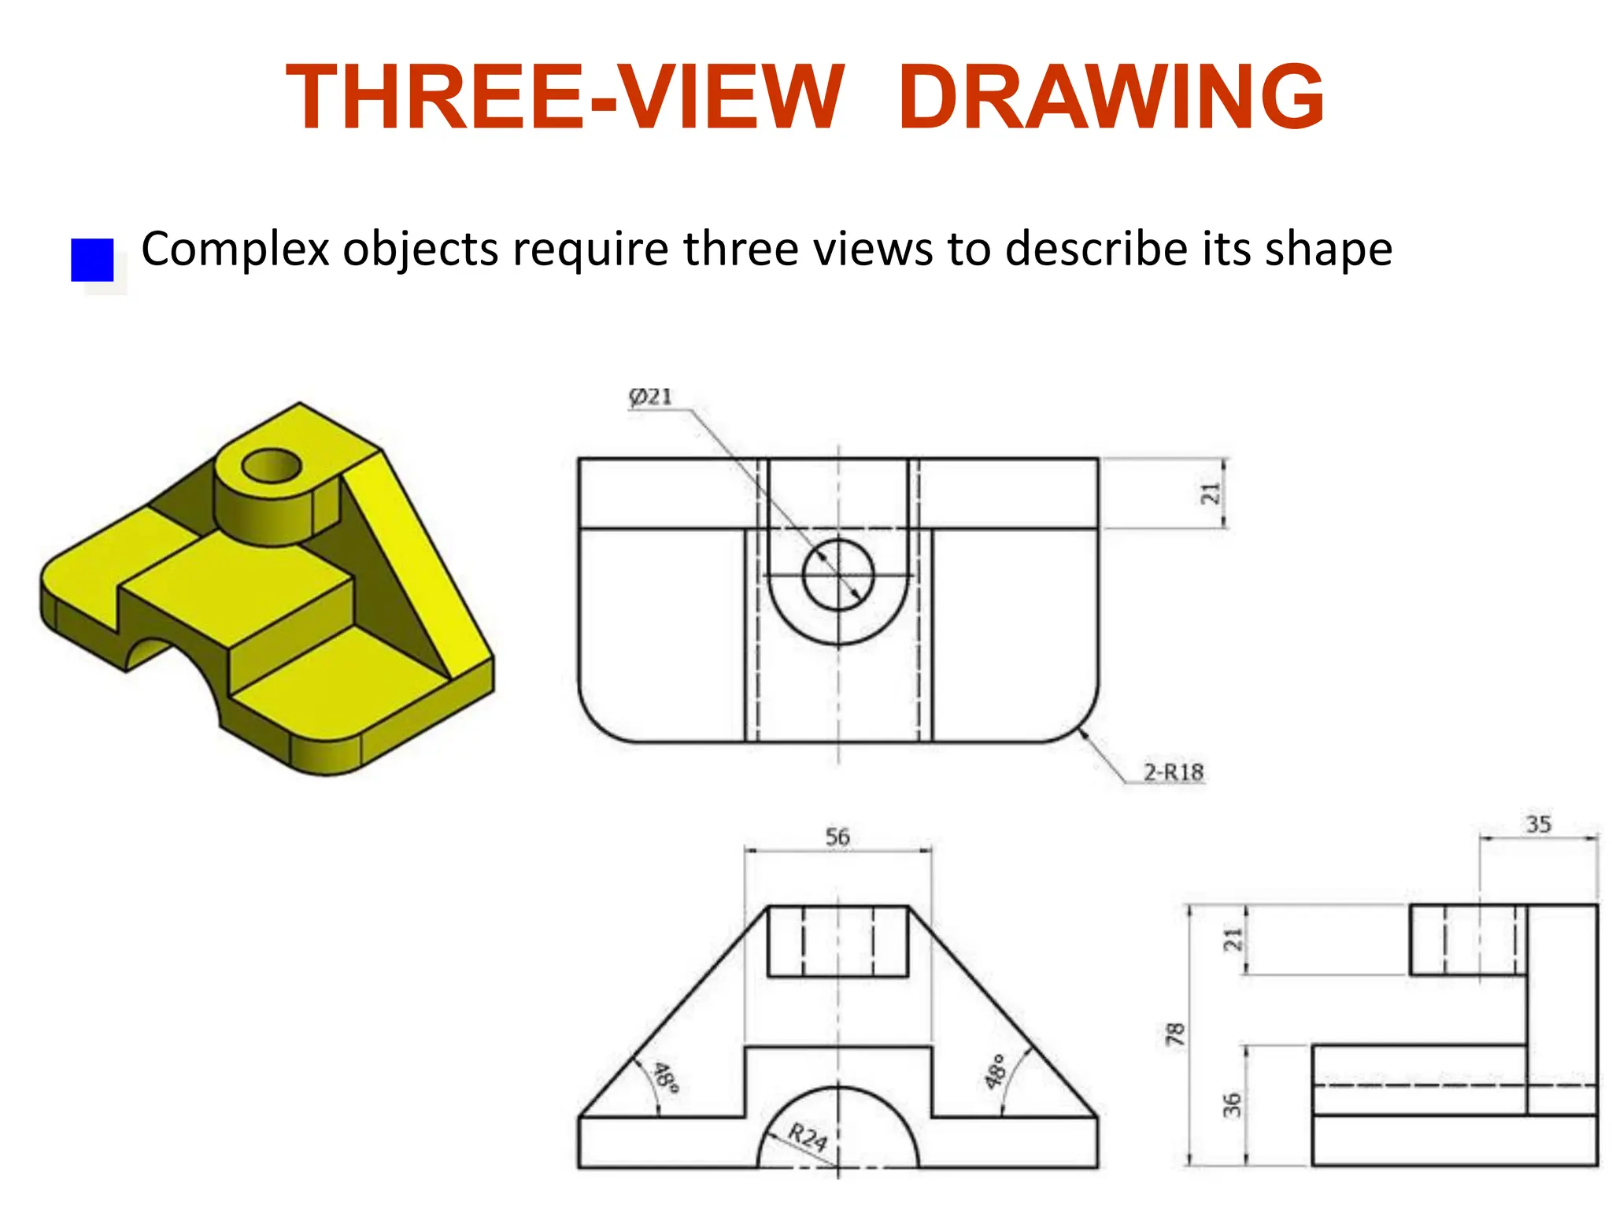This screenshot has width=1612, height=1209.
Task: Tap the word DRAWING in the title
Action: click(x=1111, y=98)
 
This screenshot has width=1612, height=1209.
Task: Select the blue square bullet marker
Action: click(x=92, y=260)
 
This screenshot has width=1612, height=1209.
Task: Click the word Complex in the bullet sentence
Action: click(x=235, y=250)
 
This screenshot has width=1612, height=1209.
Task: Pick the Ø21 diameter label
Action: click(x=651, y=397)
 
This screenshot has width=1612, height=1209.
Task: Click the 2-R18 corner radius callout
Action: click(x=1173, y=772)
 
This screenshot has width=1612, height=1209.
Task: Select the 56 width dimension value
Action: click(x=837, y=837)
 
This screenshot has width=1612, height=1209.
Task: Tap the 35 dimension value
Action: click(x=1538, y=824)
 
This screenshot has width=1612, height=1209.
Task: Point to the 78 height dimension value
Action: click(x=1174, y=1034)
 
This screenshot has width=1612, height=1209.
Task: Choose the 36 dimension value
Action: click(x=1232, y=1104)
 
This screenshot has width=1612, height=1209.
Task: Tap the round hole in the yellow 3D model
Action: click(x=272, y=466)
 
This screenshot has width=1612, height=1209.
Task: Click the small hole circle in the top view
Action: click(x=838, y=575)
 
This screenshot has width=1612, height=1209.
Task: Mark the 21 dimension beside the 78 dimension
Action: click(x=1232, y=939)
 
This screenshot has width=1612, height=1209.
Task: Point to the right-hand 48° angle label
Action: click(x=996, y=1071)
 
